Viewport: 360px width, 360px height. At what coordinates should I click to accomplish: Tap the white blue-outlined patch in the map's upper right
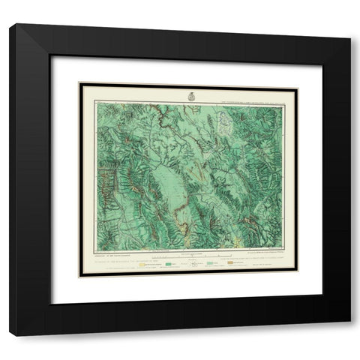click(x=223, y=121)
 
